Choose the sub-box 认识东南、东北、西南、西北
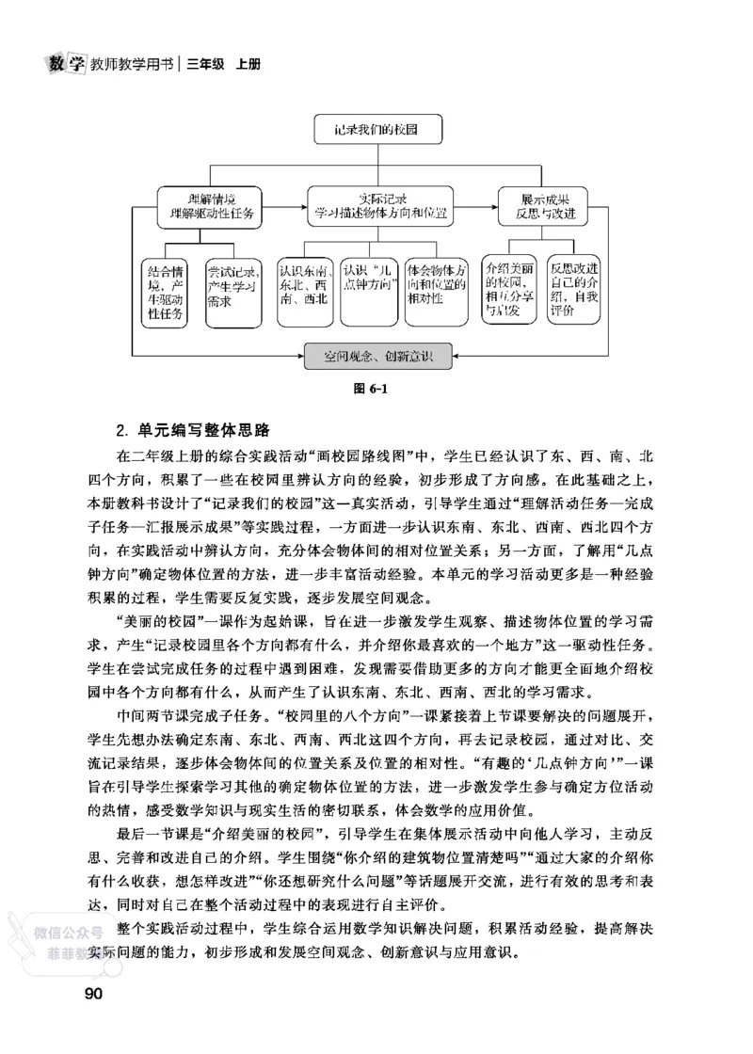(304, 291)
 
